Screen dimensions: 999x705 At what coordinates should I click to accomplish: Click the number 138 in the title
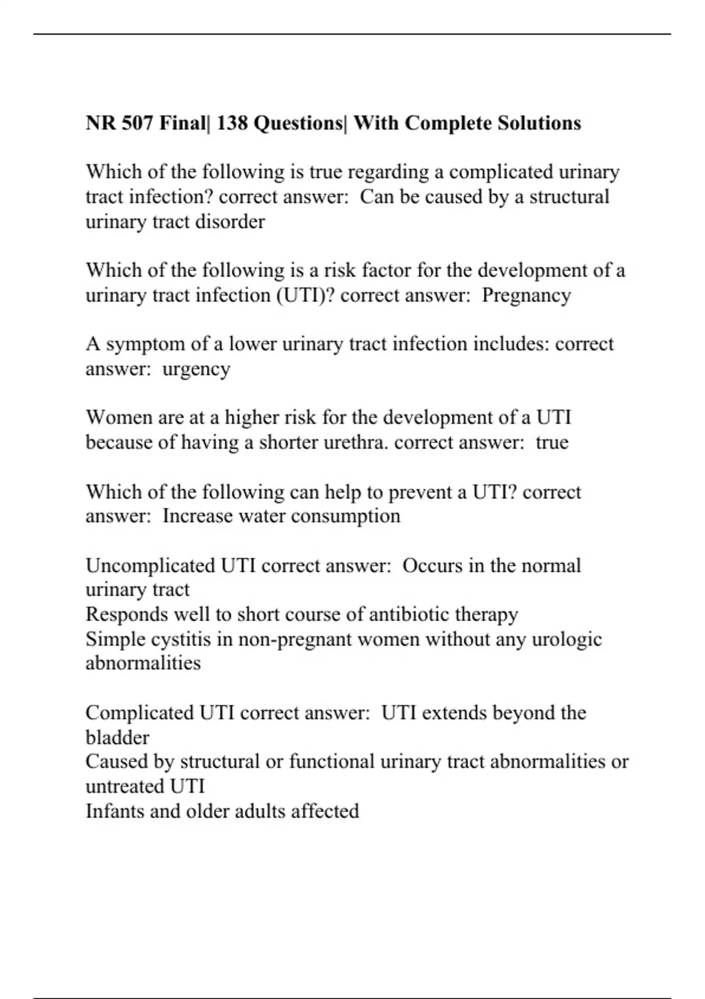tap(231, 123)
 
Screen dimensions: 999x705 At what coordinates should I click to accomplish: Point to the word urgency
tap(196, 370)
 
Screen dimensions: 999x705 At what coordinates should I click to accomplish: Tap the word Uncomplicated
tap(150, 566)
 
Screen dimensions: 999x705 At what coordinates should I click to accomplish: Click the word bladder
tap(117, 737)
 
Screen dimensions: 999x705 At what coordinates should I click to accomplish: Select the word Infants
tap(115, 812)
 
